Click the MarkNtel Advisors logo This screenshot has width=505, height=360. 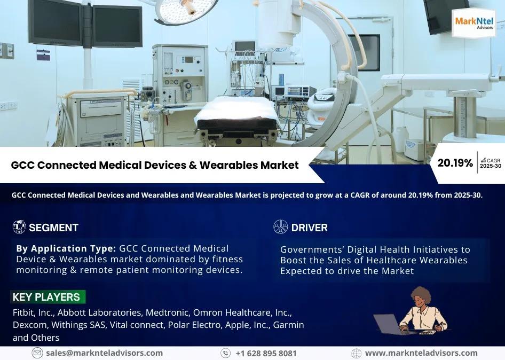click(474, 22)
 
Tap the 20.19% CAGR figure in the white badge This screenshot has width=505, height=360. click(455, 163)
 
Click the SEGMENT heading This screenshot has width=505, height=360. click(53, 228)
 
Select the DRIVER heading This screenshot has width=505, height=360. click(309, 228)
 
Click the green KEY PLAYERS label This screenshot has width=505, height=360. click(48, 297)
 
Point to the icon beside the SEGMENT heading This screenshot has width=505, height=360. click(19, 227)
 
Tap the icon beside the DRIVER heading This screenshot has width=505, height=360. click(280, 227)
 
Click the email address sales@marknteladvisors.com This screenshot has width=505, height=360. click(104, 353)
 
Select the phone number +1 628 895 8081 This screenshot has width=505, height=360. click(266, 353)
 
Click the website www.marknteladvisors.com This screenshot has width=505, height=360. click(421, 353)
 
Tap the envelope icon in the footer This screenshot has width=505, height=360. click(37, 353)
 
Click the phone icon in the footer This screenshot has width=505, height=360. click(225, 353)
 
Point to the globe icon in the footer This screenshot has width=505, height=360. click(356, 353)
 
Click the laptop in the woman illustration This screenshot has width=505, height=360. click(389, 324)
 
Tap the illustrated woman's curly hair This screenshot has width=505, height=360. click(421, 295)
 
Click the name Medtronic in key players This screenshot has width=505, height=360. click(167, 312)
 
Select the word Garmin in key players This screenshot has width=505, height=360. click(288, 325)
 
